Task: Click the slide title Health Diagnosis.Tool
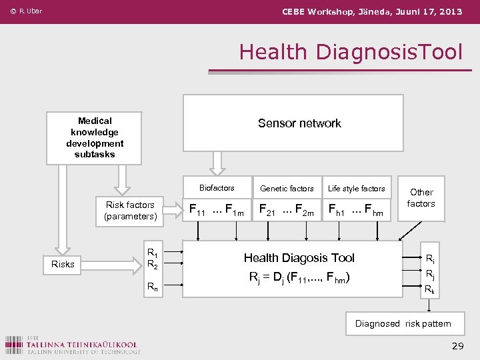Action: click(x=350, y=51)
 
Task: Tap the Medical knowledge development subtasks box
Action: click(x=94, y=137)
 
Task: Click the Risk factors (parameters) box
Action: click(x=130, y=211)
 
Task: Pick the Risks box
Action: click(x=63, y=264)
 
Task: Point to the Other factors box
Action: click(x=421, y=198)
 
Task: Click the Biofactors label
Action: click(x=217, y=188)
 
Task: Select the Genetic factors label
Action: click(x=287, y=189)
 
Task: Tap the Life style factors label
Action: click(x=357, y=189)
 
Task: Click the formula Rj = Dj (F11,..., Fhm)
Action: click(x=299, y=277)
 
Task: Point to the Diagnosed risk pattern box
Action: click(x=403, y=324)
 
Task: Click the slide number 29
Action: click(x=457, y=345)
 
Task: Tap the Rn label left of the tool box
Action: click(x=152, y=287)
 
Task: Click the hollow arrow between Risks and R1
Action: click(x=122, y=264)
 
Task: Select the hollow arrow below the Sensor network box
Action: click(x=217, y=161)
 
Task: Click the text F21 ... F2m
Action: click(x=286, y=211)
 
